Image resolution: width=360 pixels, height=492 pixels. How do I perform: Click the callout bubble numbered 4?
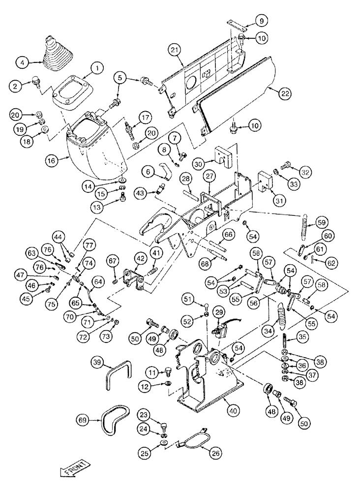coord(22,62)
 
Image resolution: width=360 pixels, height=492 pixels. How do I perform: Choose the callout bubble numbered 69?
coord(84,420)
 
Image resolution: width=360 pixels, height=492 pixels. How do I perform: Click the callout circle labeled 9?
coord(261,21)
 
